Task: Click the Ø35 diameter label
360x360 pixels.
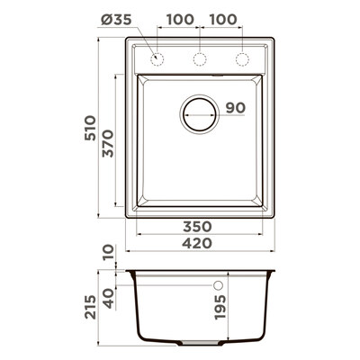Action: [116, 20]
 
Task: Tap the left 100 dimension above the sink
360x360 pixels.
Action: [180, 20]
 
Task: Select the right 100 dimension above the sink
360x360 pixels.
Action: [223, 20]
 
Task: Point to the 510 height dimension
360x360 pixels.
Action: [90, 128]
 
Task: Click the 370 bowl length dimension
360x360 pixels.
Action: [108, 143]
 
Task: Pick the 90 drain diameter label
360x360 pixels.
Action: [236, 108]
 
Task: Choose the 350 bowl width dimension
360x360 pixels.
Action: [197, 227]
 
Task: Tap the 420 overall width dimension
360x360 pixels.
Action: [197, 243]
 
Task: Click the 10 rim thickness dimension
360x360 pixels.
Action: [109, 253]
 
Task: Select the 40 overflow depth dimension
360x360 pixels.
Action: [109, 299]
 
